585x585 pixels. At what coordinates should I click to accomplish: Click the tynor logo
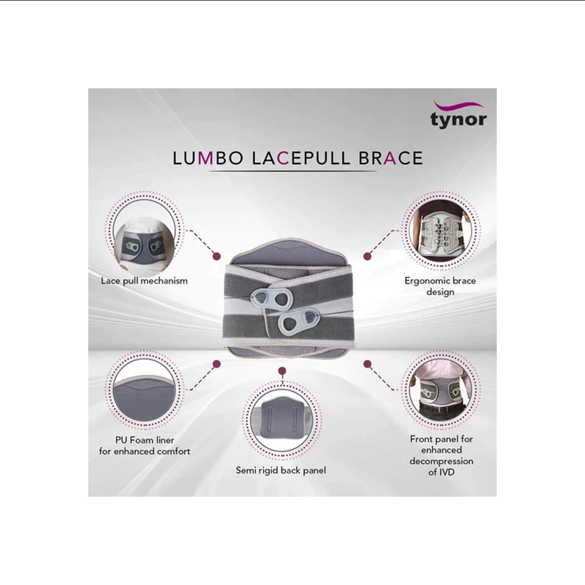pos(458,115)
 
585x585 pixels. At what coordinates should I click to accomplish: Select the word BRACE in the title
pos(390,158)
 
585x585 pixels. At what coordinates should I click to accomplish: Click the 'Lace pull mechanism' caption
pos(144,281)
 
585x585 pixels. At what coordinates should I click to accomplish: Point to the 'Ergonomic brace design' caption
pos(440,287)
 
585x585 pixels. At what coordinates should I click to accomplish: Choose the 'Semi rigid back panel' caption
pos(281,470)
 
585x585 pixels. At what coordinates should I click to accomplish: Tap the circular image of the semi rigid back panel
pos(281,422)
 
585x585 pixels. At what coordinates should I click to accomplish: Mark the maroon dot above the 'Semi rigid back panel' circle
pos(282,372)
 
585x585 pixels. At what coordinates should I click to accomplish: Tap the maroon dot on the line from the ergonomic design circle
pos(367,255)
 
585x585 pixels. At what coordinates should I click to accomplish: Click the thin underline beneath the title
pos(292,172)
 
